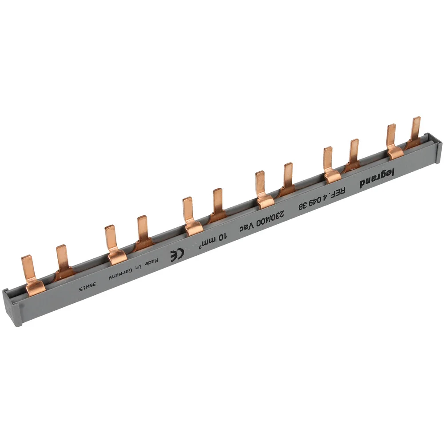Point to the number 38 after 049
point(302,205)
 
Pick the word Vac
point(246,226)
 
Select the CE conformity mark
point(177,254)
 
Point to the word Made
point(152,262)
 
